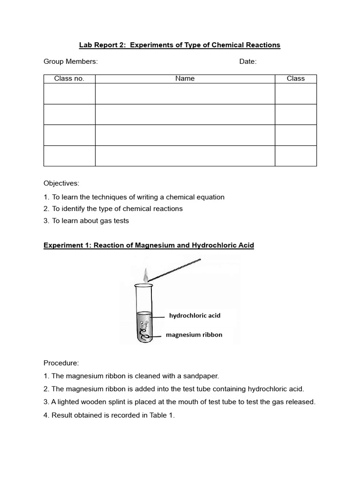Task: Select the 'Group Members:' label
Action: point(70,62)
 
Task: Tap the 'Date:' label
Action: point(247,62)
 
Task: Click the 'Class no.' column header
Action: point(69,79)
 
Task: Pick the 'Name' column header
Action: point(185,79)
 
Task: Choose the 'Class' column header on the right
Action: point(295,79)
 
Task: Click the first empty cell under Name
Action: point(185,94)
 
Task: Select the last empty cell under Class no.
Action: point(69,156)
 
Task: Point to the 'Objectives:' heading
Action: point(61,183)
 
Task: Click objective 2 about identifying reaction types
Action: point(113,209)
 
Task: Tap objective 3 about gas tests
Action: point(86,221)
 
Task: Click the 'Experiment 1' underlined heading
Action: point(149,246)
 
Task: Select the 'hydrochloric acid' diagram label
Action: point(195,315)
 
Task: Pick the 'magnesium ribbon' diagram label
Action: point(194,335)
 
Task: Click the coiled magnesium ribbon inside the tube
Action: point(145,334)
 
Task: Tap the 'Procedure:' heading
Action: point(61,363)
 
